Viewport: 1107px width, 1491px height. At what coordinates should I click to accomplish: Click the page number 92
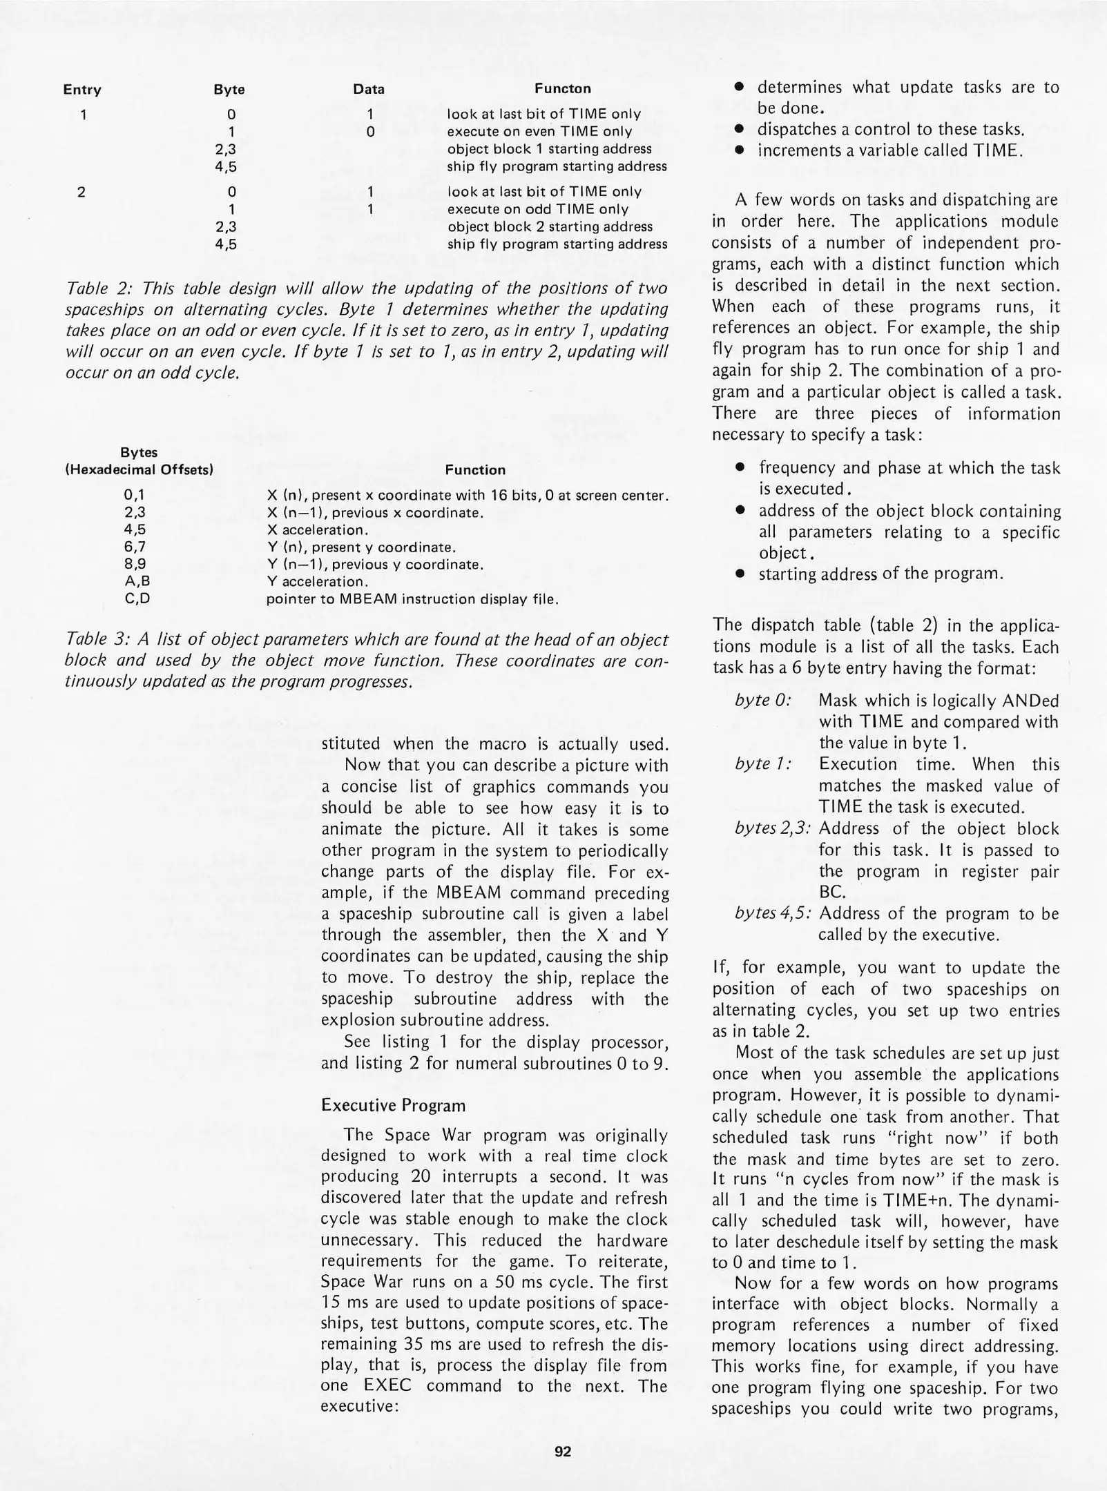563,1451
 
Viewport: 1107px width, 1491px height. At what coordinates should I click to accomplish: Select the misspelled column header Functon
562,89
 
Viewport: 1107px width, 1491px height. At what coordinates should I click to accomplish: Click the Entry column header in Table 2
82,90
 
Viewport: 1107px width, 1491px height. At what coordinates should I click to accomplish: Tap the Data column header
369,89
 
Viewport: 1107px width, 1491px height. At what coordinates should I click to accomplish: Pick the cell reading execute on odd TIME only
538,209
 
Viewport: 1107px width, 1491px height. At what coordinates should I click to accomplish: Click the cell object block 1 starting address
549,149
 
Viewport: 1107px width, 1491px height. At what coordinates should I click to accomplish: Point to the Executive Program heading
393,1105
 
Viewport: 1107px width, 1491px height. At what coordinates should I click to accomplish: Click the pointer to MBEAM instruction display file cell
412,599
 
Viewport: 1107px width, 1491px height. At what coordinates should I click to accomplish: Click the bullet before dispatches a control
739,130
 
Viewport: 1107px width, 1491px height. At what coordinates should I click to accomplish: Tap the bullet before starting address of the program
739,574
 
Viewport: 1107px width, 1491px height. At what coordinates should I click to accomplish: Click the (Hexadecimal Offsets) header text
138,470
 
